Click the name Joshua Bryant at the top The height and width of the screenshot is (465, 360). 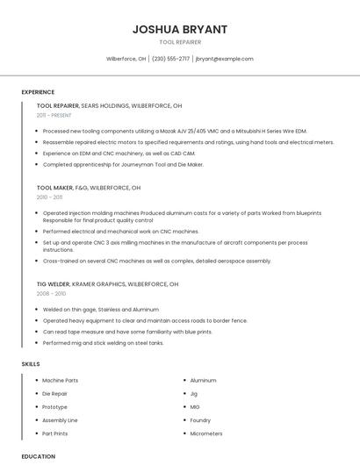pos(180,29)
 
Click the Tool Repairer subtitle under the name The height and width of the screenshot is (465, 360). pos(180,42)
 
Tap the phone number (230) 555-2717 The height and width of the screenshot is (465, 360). pos(170,59)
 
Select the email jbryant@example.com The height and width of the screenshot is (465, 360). pos(224,59)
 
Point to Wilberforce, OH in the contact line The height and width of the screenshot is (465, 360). pos(126,59)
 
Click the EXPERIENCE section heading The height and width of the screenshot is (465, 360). pos(38,92)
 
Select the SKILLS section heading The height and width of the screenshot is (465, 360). pos(31,363)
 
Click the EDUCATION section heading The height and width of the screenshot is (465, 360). pos(38,456)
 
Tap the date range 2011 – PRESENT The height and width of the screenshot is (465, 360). pos(54,115)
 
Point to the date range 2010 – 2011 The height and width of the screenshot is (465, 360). pos(49,197)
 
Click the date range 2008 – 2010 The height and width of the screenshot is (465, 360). pos(51,294)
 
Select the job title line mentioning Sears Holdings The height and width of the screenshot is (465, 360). pos(110,105)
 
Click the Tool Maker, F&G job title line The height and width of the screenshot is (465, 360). pos(89,187)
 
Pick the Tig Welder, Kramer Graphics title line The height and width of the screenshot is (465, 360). pos(107,284)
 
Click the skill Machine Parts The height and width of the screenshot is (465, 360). pos(60,380)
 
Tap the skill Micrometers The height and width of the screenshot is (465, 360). pos(206,433)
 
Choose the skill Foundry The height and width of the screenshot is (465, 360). pos(200,420)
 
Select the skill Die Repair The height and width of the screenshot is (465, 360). pos(55,394)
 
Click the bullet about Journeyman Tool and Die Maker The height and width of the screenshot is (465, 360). pos(123,164)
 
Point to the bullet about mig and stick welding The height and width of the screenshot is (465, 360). pos(103,343)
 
